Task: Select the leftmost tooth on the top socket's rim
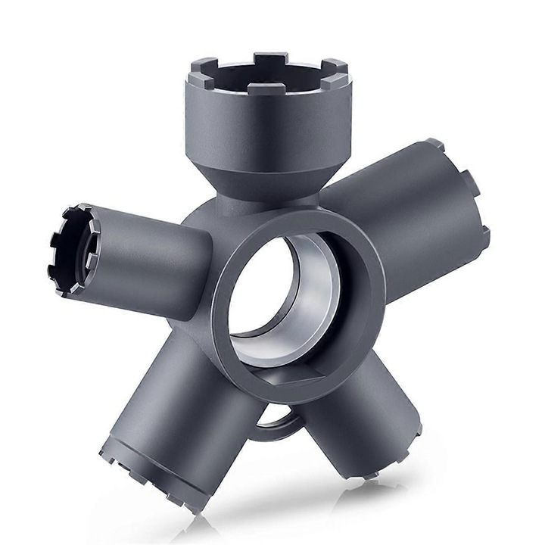coord(192,76)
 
